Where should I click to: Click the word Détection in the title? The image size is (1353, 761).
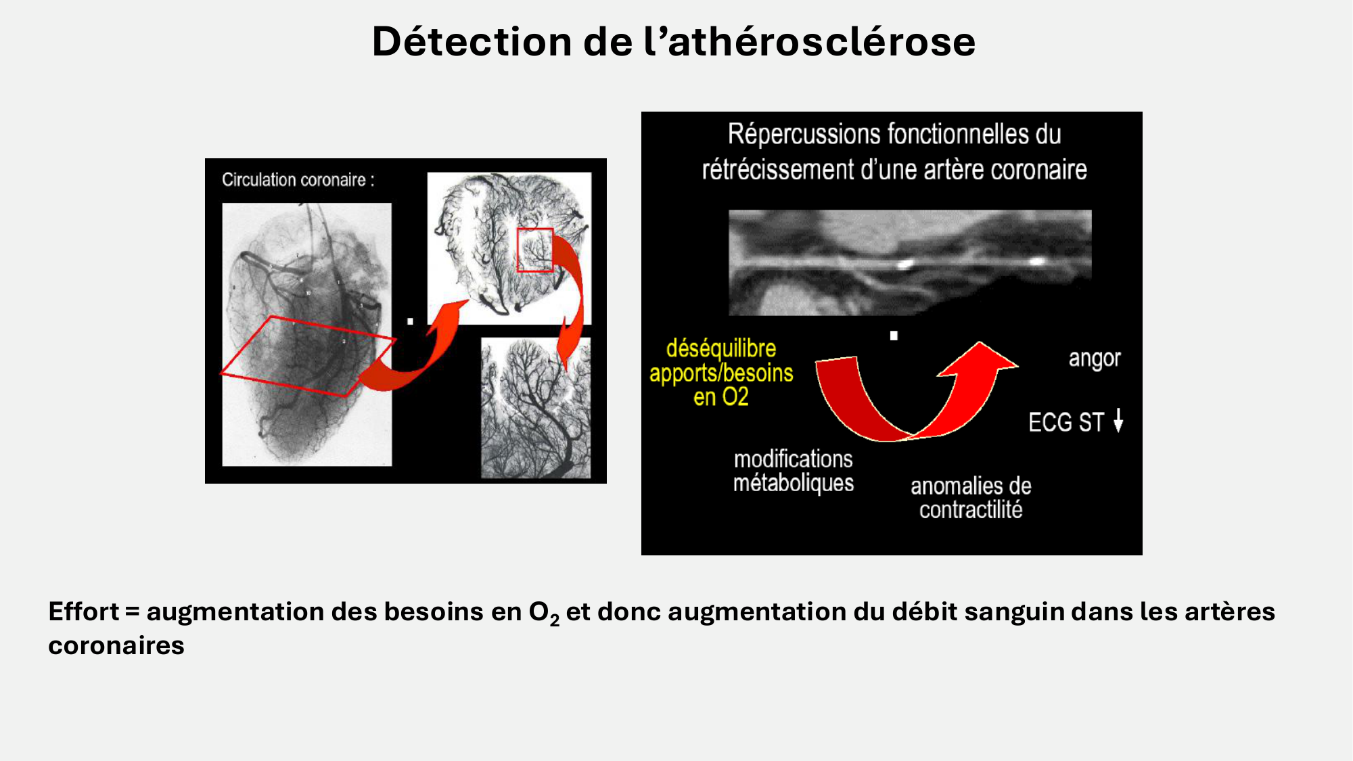[472, 42]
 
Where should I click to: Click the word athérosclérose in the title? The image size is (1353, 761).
[821, 42]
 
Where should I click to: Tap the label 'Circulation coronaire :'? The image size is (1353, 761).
[298, 180]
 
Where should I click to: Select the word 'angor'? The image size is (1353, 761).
[1094, 359]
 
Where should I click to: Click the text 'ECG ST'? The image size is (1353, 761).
[1065, 423]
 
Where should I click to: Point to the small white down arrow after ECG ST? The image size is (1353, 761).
[1118, 421]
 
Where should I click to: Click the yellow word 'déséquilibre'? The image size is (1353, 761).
[720, 348]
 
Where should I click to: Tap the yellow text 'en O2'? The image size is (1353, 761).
[720, 397]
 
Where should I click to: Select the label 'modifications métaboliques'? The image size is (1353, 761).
[793, 471]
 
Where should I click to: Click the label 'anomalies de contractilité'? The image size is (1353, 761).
[970, 497]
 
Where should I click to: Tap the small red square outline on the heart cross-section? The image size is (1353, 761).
[535, 250]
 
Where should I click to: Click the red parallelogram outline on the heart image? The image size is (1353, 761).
[308, 356]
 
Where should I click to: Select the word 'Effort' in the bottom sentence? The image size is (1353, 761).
[83, 612]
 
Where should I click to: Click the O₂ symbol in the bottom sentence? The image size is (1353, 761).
[543, 613]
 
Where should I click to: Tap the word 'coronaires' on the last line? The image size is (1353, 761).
[116, 645]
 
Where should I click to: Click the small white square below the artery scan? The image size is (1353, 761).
[894, 336]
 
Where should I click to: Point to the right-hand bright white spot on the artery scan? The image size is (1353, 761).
[1036, 260]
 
